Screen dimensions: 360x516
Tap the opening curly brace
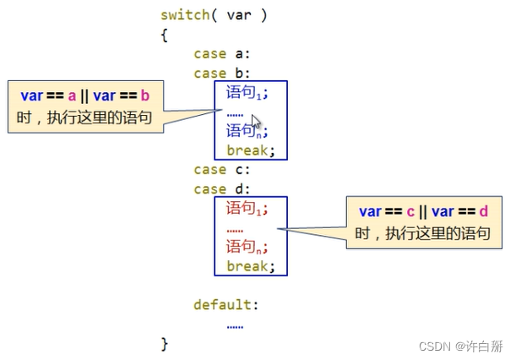tap(164, 35)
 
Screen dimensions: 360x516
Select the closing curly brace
tap(164, 343)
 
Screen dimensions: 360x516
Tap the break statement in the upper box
tap(251, 150)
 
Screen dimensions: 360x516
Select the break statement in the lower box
tap(251, 265)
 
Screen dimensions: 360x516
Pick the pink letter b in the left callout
tap(144, 95)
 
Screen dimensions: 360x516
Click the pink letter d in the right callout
tap(483, 210)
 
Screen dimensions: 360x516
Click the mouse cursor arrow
tap(257, 121)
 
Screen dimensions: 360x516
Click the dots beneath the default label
tap(235, 325)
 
